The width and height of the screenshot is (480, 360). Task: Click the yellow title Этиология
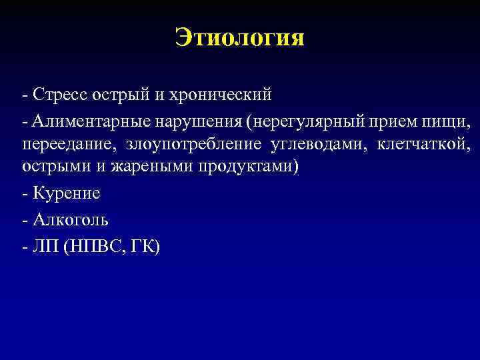click(x=240, y=37)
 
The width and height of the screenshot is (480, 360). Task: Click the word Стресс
click(x=58, y=95)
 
